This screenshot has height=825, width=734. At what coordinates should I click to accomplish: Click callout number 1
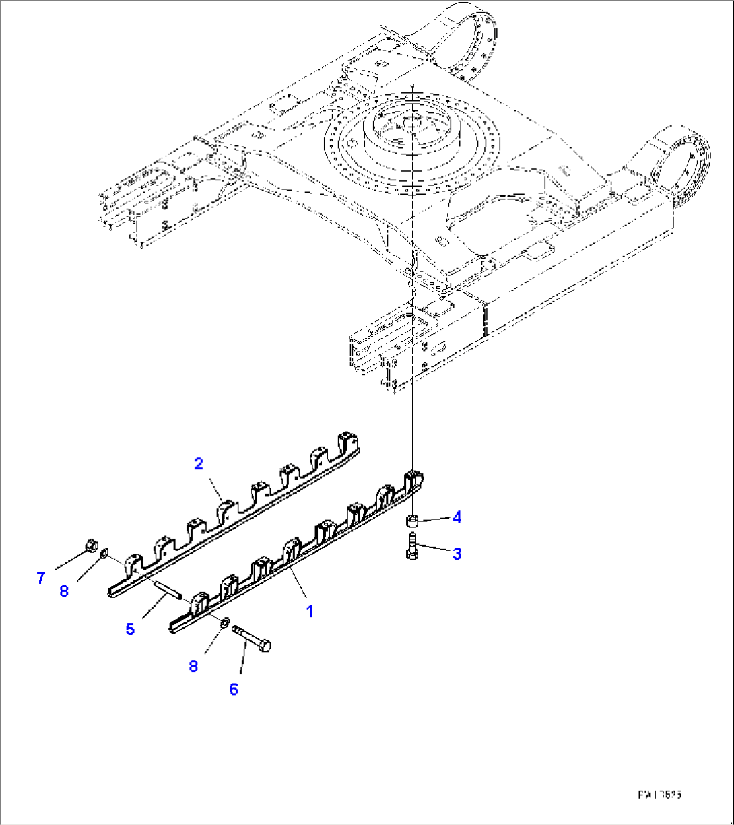(309, 612)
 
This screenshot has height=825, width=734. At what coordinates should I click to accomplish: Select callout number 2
(199, 463)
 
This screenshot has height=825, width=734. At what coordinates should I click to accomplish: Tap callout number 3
(457, 554)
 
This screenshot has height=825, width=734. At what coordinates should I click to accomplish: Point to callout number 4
(457, 517)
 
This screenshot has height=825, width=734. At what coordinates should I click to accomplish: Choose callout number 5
(130, 629)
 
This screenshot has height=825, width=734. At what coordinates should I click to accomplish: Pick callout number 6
(234, 689)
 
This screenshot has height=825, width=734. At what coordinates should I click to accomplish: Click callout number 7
(41, 578)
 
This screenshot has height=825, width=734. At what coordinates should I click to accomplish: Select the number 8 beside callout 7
(64, 591)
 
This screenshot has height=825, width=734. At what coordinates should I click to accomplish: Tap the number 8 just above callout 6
(194, 666)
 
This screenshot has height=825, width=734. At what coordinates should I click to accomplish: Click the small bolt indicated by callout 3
(412, 544)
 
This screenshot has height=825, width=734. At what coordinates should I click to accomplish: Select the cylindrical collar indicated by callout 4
(411, 520)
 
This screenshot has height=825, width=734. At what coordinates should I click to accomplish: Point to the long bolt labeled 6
(253, 638)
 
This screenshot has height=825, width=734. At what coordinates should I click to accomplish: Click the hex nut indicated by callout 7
(92, 544)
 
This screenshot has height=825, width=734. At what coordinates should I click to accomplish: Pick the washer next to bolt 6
(223, 621)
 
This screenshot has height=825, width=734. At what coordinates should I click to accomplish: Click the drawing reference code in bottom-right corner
(660, 795)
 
